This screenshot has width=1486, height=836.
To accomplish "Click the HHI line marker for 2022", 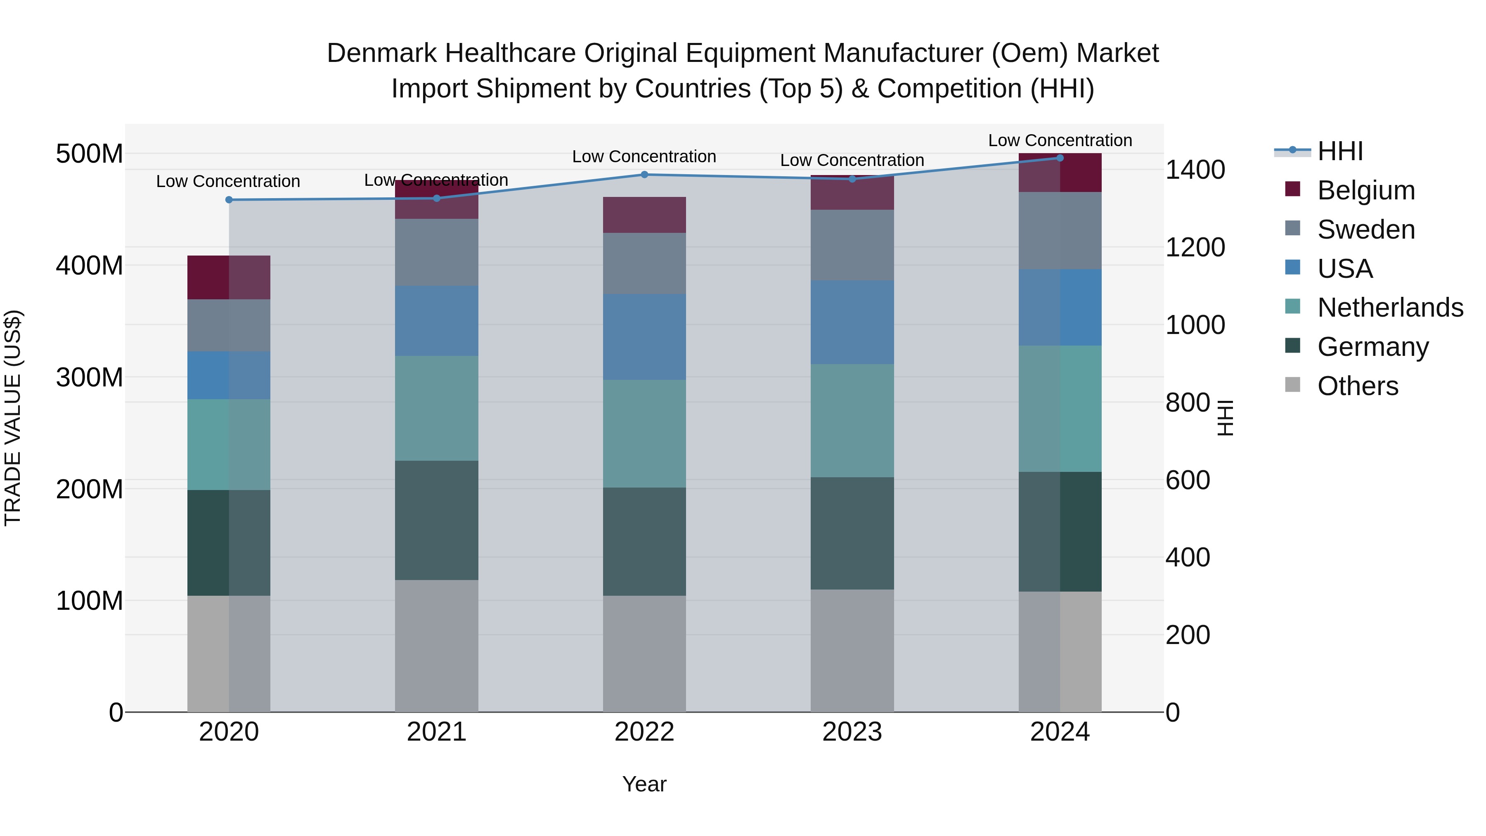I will (644, 174).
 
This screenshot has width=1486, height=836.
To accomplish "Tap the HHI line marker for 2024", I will (1060, 158).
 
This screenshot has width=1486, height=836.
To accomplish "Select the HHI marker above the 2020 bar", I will (229, 200).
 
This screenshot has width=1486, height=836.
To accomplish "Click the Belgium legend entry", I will (1365, 190).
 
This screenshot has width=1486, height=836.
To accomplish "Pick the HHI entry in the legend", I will (1339, 151).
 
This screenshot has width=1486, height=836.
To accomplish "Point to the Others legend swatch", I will (1293, 385).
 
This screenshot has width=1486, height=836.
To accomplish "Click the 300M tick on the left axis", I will (90, 377).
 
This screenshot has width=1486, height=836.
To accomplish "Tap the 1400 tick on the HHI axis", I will (1195, 170).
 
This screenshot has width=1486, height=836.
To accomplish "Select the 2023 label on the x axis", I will (852, 732).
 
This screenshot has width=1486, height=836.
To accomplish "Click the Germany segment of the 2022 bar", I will (644, 541).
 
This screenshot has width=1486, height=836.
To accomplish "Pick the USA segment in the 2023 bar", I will (852, 322).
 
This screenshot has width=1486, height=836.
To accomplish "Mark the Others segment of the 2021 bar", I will (437, 646).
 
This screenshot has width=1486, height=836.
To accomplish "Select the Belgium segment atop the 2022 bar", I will (644, 215).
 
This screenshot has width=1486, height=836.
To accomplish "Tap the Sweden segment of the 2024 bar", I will (1060, 230).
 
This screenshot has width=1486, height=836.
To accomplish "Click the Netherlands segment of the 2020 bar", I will (229, 444).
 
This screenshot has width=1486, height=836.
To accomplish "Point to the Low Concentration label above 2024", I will (1060, 140).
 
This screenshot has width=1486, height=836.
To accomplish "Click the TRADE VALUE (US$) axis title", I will (13, 418).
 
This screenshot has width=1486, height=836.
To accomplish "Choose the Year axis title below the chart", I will (644, 784).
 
